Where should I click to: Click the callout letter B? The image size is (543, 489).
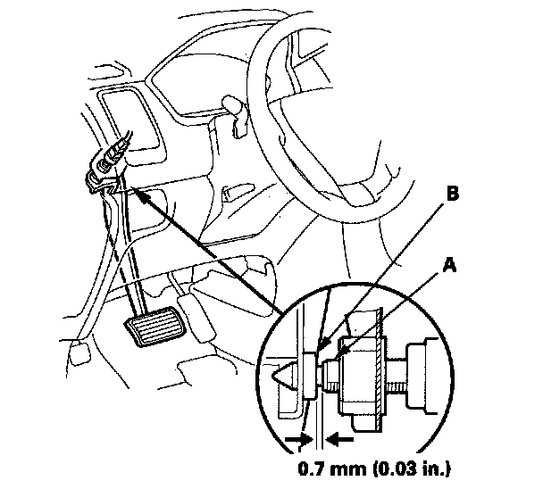point(452,194)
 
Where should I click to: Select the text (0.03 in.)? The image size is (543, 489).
point(412,469)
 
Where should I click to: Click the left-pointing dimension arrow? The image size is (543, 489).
point(340,440)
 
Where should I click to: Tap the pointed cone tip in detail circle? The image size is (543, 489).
point(272,376)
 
